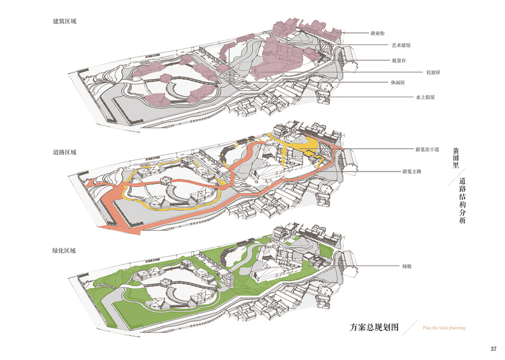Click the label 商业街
379,34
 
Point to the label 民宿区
434,73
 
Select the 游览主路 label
412,171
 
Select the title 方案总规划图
374,328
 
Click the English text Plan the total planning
444,328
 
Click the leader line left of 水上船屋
372,97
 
